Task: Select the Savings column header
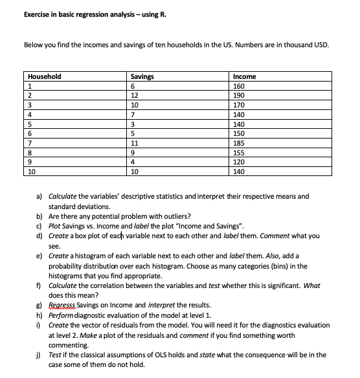coord(142,76)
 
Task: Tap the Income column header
coord(243,76)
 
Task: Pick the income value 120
coord(239,162)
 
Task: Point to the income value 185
coord(239,142)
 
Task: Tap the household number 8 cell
coord(28,152)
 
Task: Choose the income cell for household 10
coord(239,172)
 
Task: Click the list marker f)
coord(40,285)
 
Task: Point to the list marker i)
coord(40,324)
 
